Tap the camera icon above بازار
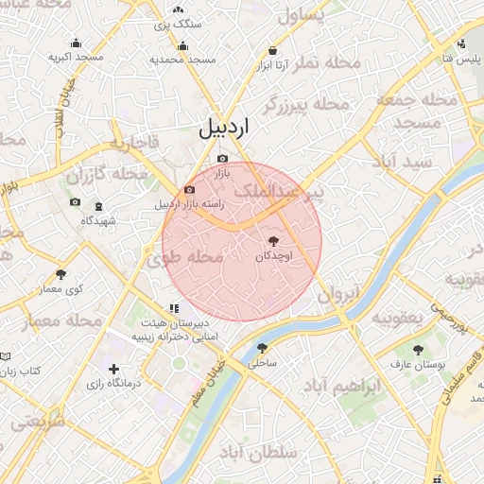coord(222,158)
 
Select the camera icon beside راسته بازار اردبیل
coord(190,189)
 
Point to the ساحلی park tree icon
coord(262,348)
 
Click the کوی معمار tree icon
coord(61,274)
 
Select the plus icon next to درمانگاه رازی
coord(114,369)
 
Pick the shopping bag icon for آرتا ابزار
coord(273,51)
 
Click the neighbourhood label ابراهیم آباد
coord(343,386)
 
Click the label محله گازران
coord(109,174)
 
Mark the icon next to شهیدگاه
coord(75,202)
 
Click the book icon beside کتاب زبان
coord(6,356)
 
